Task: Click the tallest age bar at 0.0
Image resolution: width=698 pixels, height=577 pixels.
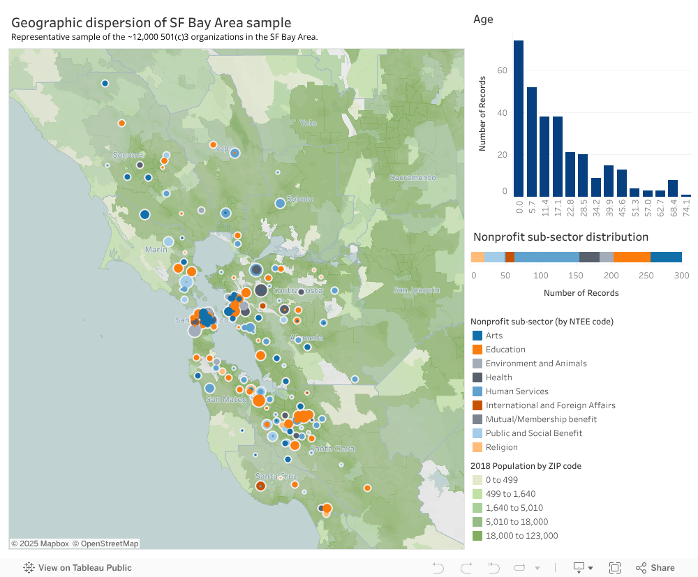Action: click(x=519, y=119)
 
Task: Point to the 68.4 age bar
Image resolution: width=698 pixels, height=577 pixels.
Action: click(x=673, y=188)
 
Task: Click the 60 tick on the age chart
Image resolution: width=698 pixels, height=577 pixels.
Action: click(x=502, y=70)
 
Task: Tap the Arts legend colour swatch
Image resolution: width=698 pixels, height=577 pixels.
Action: click(x=477, y=336)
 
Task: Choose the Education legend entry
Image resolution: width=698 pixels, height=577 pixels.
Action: click(x=505, y=350)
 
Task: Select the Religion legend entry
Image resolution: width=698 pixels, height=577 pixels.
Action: click(x=501, y=447)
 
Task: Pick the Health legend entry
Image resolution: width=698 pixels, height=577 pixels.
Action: click(x=498, y=377)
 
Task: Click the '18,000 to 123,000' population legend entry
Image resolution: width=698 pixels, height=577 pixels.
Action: click(x=522, y=536)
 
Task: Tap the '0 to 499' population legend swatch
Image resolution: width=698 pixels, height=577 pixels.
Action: click(x=477, y=480)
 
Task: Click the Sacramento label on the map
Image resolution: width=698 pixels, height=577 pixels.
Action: click(x=413, y=178)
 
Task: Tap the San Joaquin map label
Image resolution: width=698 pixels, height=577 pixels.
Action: click(x=417, y=290)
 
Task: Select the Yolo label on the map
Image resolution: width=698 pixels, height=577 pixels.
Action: click(x=308, y=123)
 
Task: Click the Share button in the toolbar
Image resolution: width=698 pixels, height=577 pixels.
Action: click(x=655, y=568)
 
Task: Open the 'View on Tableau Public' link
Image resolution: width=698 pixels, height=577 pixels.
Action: click(x=77, y=568)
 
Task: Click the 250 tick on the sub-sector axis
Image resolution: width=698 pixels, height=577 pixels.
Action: click(x=646, y=276)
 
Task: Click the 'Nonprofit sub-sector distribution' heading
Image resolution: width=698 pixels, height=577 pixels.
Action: click(x=560, y=237)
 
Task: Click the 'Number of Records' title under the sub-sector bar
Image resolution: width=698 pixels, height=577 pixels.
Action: click(x=581, y=293)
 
